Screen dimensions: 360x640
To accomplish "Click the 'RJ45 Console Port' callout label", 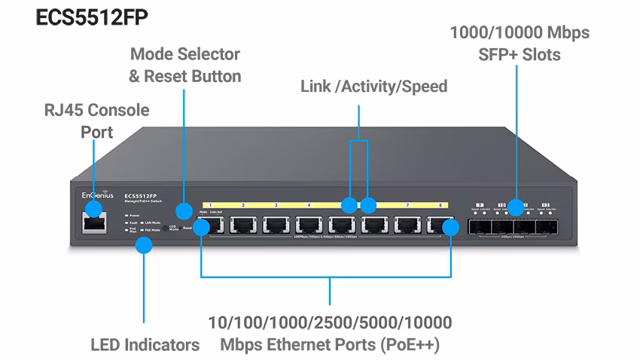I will (96, 121).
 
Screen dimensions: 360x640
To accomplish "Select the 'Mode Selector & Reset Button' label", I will (184, 65).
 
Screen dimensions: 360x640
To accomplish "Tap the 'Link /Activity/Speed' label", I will (373, 87).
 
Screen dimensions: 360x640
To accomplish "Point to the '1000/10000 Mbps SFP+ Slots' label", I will (519, 44).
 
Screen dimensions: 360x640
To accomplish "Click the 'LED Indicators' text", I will (145, 345).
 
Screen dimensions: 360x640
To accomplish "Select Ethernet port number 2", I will (243, 225).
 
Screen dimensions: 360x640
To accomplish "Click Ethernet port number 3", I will (276, 225).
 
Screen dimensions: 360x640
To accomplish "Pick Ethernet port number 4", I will (309, 225).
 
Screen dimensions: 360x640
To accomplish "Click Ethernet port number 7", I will (407, 225).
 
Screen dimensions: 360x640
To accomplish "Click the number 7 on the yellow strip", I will (407, 205).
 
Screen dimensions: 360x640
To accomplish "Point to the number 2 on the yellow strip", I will (243, 205).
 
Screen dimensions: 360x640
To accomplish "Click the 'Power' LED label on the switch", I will (135, 215).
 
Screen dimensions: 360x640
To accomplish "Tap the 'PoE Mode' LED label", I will (154, 230).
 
